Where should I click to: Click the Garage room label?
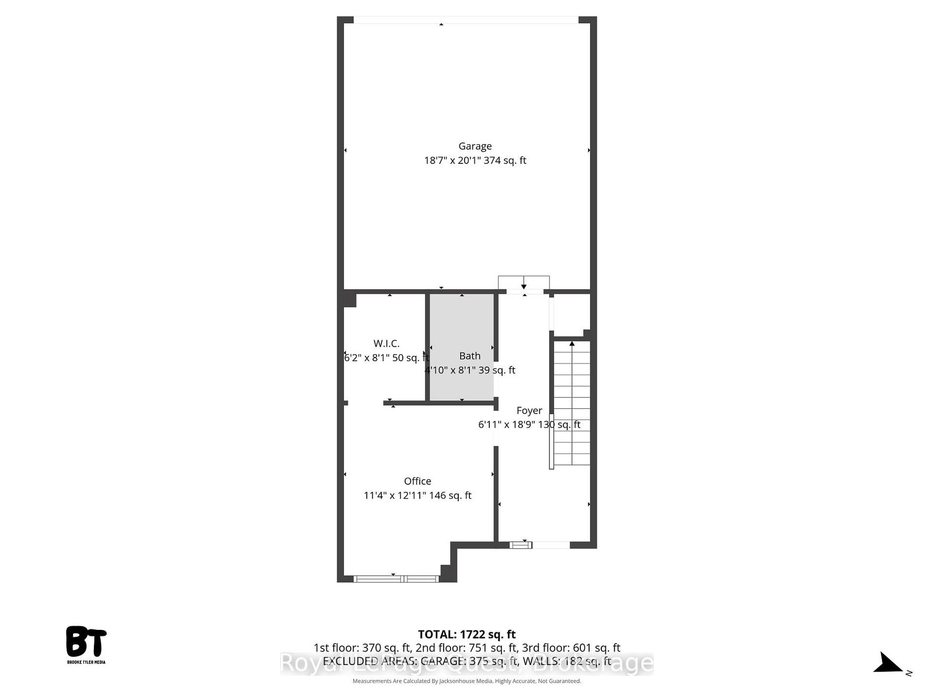pyautogui.click(x=475, y=146)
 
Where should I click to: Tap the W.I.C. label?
pyautogui.click(x=386, y=344)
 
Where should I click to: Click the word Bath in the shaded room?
pyautogui.click(x=470, y=356)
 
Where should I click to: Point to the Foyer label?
pyautogui.click(x=529, y=411)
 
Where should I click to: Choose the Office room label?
pyautogui.click(x=417, y=481)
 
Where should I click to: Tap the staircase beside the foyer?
pyautogui.click(x=571, y=402)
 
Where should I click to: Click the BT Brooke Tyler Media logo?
pyautogui.click(x=86, y=644)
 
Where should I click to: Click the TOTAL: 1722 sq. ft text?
pyautogui.click(x=467, y=634)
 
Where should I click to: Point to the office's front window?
pyautogui.click(x=396, y=579)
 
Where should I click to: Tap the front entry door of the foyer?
pyautogui.click(x=521, y=545)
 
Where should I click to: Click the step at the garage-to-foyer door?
pyautogui.click(x=524, y=282)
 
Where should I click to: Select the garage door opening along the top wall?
pyautogui.click(x=466, y=20)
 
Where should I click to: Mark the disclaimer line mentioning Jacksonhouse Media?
pyautogui.click(x=467, y=681)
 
